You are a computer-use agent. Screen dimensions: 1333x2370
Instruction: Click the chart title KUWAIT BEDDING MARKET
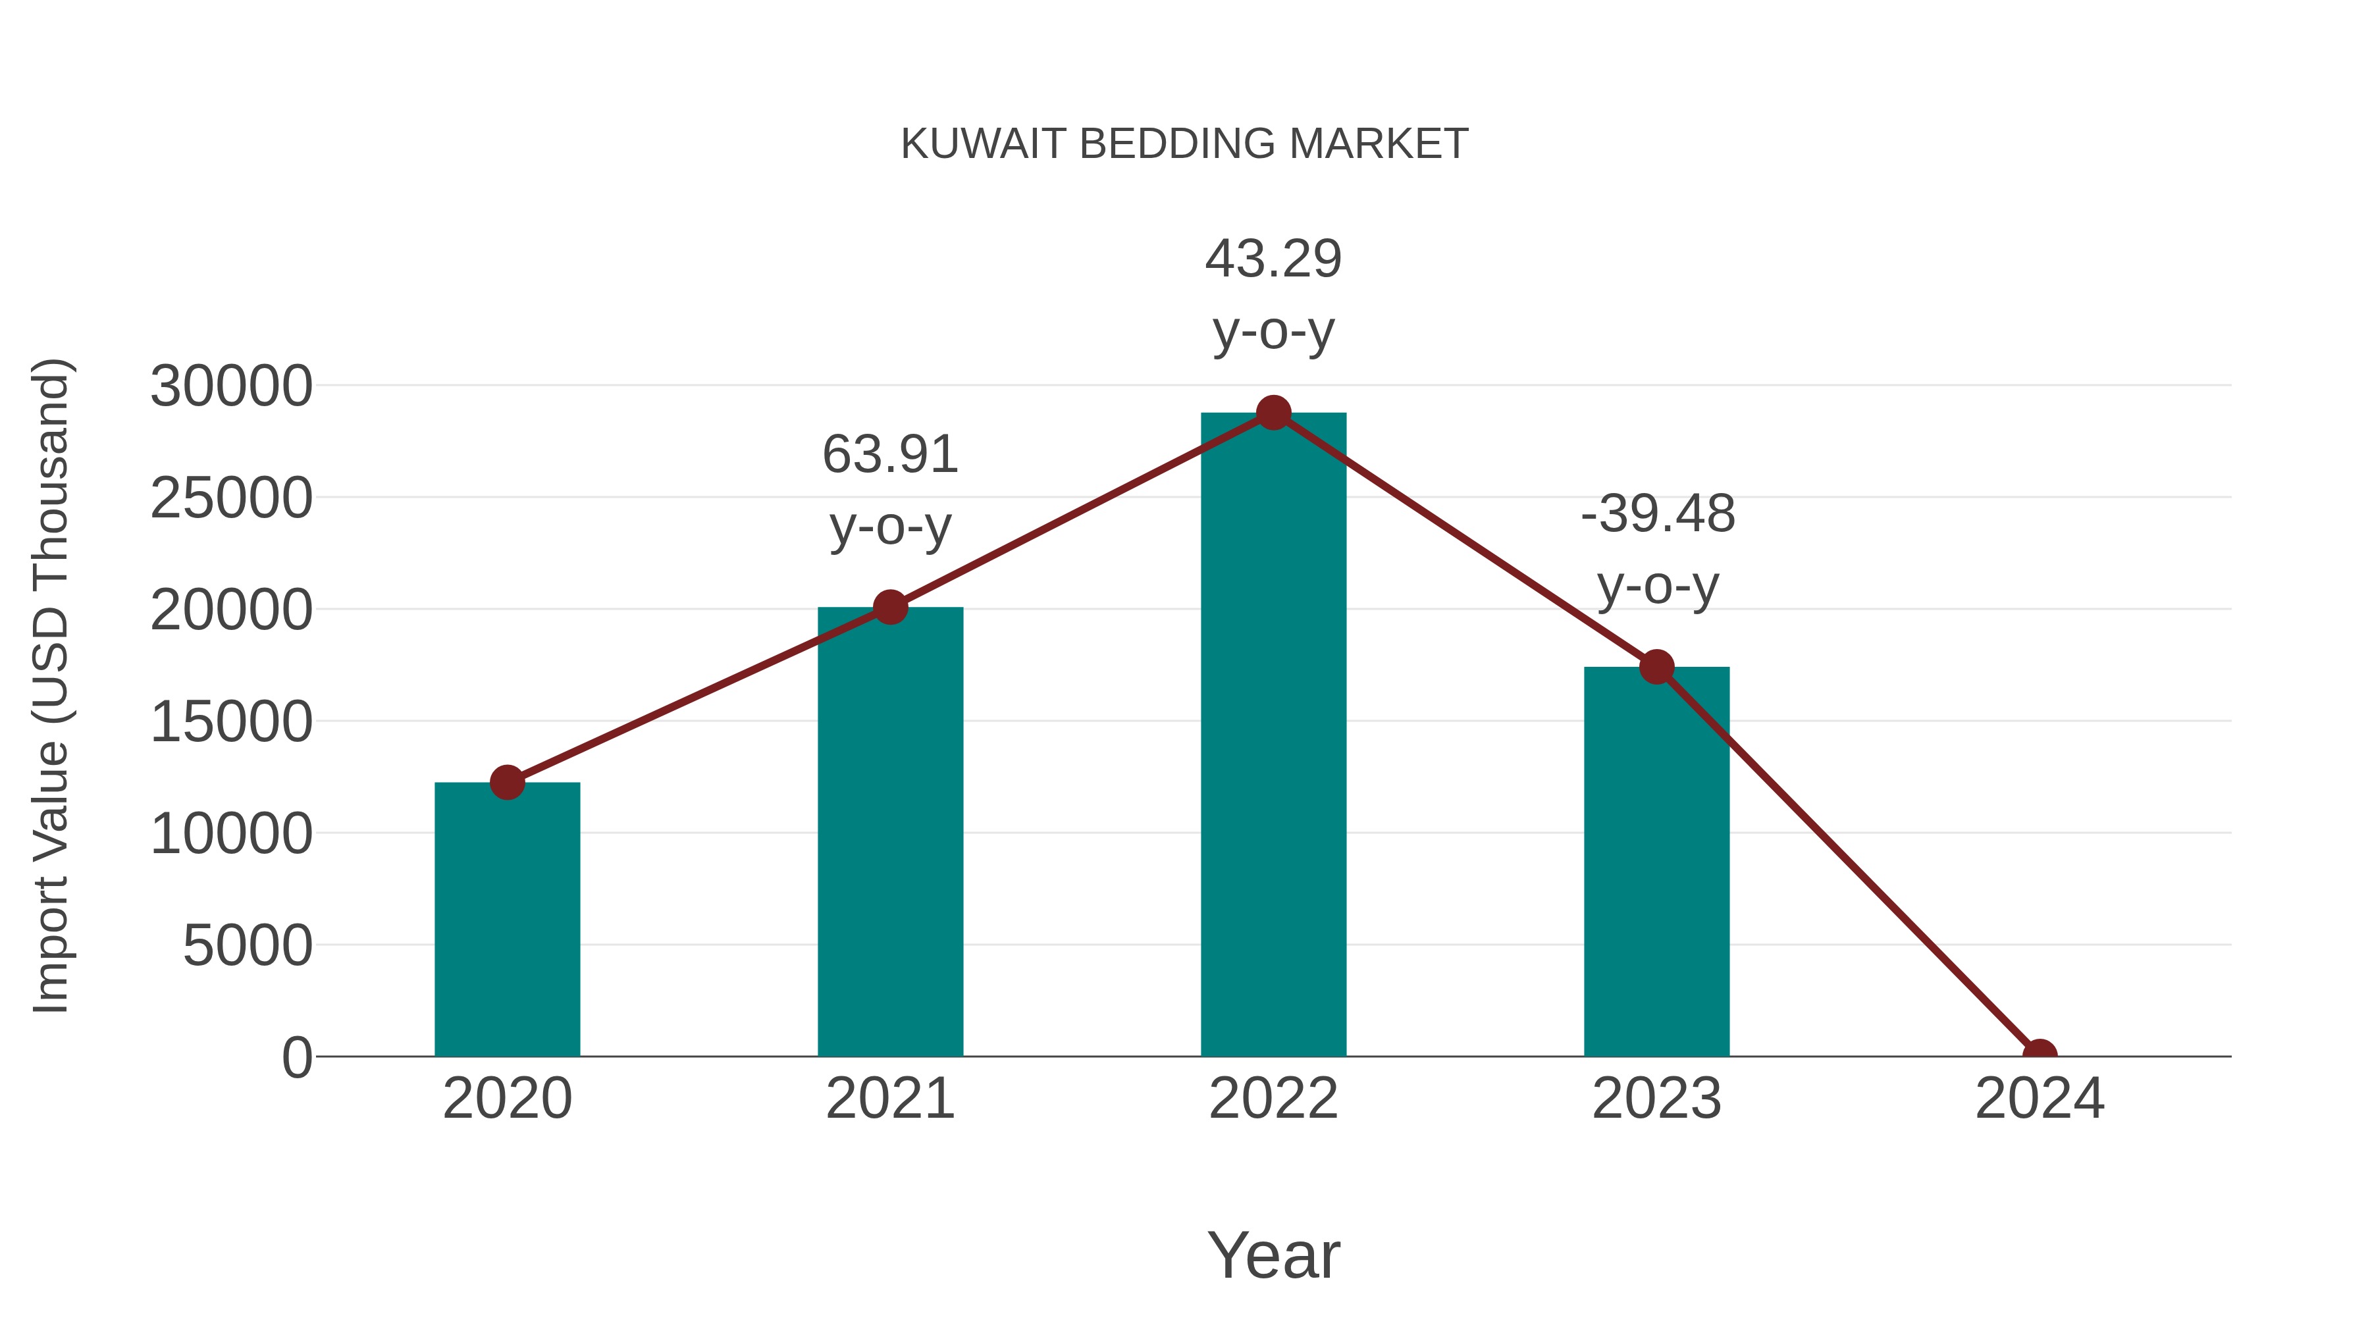coord(1184,144)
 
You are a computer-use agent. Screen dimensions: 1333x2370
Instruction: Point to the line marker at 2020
coord(507,783)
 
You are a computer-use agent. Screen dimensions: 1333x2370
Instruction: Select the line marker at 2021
coord(889,607)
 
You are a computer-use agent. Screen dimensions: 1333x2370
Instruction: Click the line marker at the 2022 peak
coord(1273,413)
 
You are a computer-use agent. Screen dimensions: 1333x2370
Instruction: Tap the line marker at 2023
coord(1656,667)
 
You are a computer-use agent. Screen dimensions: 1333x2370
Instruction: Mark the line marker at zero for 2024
coord(2040,1055)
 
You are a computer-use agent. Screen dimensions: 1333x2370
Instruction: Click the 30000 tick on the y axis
coord(231,386)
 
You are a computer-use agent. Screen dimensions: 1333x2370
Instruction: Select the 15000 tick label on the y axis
coord(231,722)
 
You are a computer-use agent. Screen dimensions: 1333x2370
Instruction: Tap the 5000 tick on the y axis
coord(248,946)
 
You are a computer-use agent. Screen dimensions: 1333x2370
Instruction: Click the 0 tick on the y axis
coord(297,1058)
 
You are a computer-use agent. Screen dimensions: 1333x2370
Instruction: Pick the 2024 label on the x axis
coord(2040,1099)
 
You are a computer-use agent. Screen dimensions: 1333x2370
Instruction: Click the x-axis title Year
coord(1273,1255)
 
